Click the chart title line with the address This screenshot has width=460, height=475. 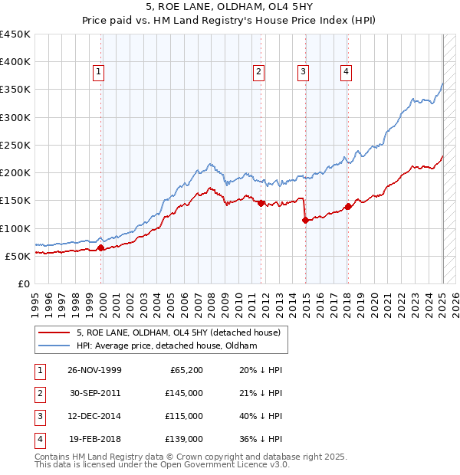tap(230, 7)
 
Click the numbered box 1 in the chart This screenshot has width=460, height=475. tap(99, 72)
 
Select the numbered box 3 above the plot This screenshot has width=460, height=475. tap(304, 72)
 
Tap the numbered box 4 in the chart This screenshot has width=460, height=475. tap(347, 72)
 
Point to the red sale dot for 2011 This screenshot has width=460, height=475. tap(261, 203)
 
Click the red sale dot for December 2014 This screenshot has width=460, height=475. tap(305, 220)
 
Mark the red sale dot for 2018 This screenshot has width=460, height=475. tap(348, 206)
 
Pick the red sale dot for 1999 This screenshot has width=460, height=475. tap(101, 247)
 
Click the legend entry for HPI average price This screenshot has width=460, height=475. tap(167, 346)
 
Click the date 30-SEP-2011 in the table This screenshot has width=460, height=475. tap(94, 392)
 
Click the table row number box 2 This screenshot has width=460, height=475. tap(39, 392)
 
